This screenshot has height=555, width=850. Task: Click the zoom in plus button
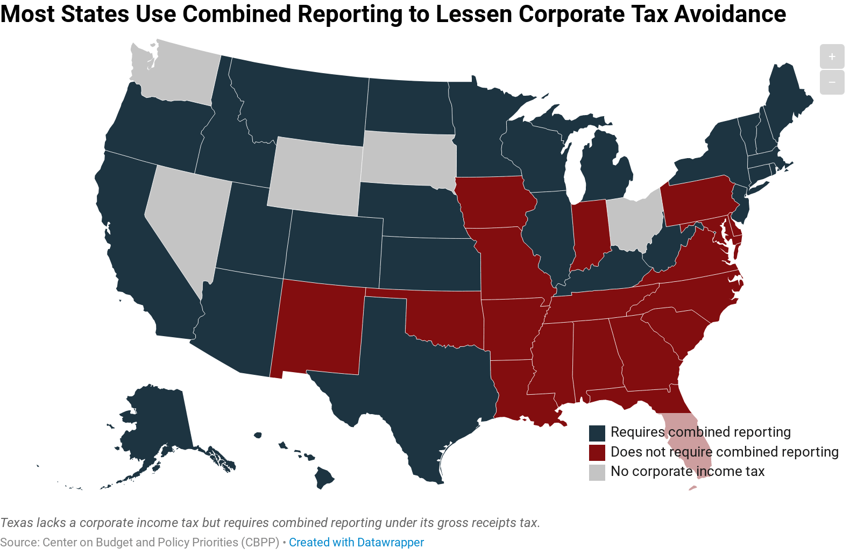[832, 56]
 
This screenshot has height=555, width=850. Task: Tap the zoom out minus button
[832, 82]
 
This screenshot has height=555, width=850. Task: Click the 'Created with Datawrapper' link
[356, 542]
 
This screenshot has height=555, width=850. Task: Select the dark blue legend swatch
[597, 433]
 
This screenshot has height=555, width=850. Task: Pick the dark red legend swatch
[597, 452]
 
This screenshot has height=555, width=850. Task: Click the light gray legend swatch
[597, 472]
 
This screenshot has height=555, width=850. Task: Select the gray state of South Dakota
[409, 159]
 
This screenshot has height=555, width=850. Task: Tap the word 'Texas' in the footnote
[17, 523]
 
